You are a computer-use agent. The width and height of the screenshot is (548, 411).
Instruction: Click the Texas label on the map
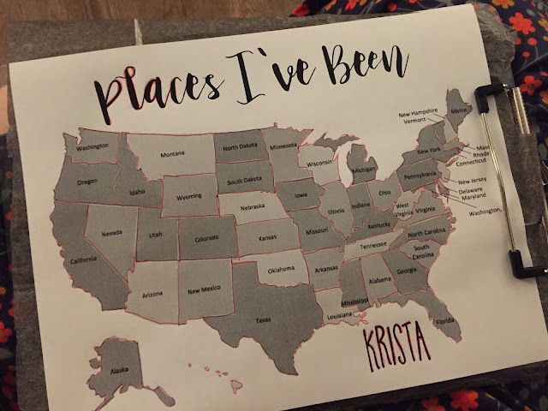tap(263, 319)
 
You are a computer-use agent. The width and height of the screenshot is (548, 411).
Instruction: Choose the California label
tap(83, 259)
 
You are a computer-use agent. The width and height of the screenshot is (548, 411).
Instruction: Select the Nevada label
tap(111, 232)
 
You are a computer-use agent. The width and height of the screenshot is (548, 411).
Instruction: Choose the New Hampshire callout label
tap(419, 112)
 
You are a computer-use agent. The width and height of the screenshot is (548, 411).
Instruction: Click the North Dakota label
tap(242, 147)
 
